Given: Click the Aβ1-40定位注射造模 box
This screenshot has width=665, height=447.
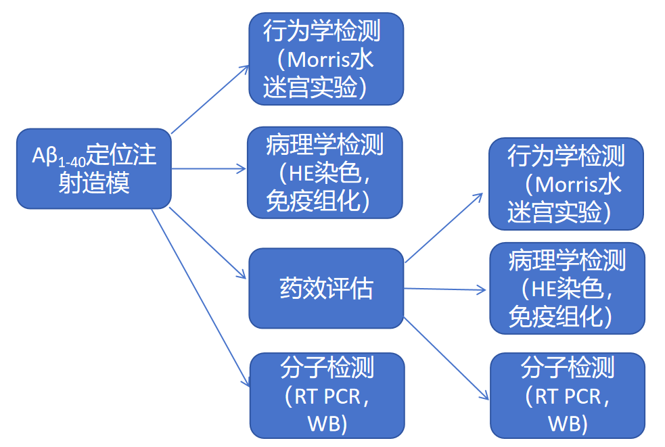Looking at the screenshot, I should point(93,168).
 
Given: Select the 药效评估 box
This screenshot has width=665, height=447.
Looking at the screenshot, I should point(326,289).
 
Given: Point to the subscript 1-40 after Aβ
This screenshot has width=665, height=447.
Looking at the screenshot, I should point(70,162).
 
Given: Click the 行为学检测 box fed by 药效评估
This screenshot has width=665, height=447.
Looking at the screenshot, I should point(566,184).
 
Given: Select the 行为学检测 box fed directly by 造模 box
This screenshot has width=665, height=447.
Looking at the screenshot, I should point(326,59).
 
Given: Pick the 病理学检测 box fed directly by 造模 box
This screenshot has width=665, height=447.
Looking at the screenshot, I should point(325,173).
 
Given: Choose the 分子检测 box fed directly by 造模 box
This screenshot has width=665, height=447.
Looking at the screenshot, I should point(327,396).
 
